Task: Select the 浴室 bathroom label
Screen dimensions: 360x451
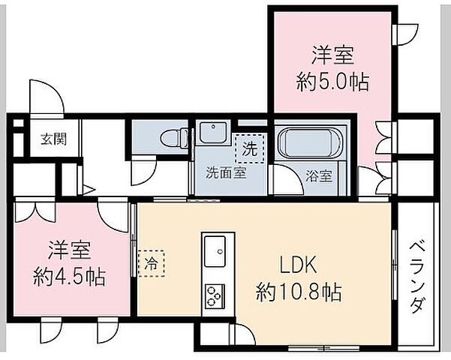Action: pyautogui.click(x=318, y=178)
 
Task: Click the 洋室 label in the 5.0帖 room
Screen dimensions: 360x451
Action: pyautogui.click(x=332, y=55)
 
